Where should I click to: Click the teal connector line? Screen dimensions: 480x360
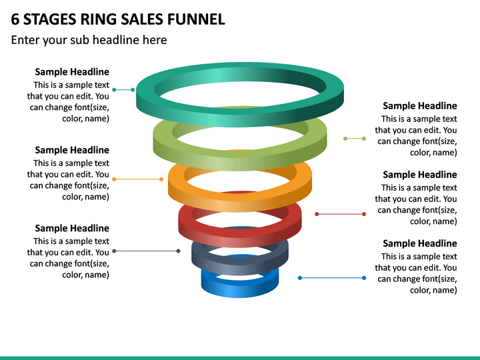pyautogui.click(x=123, y=90)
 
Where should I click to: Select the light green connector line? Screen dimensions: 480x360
pyautogui.click(x=355, y=139)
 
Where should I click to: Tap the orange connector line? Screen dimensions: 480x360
pyautogui.click(x=138, y=179)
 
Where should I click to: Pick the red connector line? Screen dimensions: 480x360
pyautogui.click(x=341, y=214)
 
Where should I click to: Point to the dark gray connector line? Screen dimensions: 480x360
pyautogui.click(x=146, y=251)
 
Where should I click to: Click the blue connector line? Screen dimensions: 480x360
pyautogui.click(x=332, y=278)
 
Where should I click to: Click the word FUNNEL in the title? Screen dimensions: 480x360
pyautogui.click(x=196, y=19)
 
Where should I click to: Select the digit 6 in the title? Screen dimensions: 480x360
pyautogui.click(x=15, y=19)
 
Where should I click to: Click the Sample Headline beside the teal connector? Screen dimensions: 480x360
pyautogui.click(x=72, y=72)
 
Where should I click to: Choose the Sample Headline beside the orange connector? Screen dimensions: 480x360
pyautogui.click(x=72, y=150)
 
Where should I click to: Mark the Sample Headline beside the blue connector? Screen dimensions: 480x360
pyautogui.click(x=420, y=243)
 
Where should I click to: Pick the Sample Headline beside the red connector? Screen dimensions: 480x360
pyautogui.click(x=420, y=175)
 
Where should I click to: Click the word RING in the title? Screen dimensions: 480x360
pyautogui.click(x=98, y=19)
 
